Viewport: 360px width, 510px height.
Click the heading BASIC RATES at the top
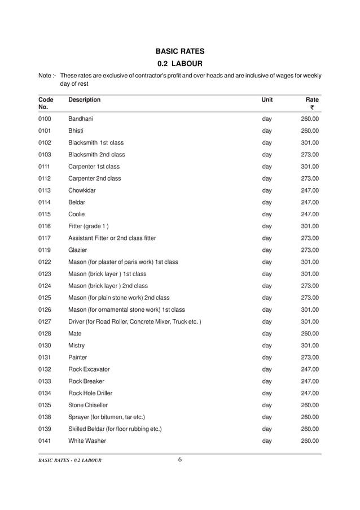180,51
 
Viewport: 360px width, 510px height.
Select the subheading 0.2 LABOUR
180,63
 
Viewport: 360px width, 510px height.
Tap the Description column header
84,100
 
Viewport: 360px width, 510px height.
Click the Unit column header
267,100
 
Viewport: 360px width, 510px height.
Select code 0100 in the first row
45,119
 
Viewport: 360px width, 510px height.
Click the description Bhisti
76,131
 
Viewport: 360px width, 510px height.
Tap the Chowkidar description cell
82,190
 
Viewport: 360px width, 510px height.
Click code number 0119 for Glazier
45,250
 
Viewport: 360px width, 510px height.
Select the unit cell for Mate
267,333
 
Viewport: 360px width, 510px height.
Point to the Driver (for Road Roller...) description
134,321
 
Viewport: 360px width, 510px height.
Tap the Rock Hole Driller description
90,393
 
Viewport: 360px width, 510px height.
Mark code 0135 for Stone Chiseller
45,405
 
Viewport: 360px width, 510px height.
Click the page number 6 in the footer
180,460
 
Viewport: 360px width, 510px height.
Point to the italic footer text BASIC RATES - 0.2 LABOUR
70,461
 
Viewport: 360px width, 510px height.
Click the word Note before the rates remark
45,75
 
